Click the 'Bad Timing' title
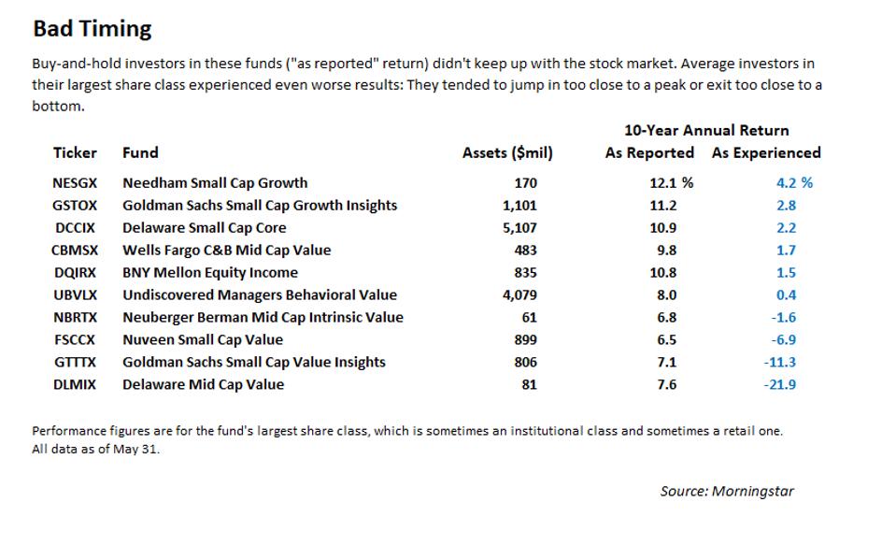[x=92, y=29]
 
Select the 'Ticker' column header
[x=75, y=152]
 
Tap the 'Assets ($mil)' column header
[x=507, y=153]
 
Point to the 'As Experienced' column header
[x=766, y=152]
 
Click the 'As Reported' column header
[x=649, y=152]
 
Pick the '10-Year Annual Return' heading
[x=706, y=130]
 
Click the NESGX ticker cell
[x=75, y=183]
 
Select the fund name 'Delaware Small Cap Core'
[x=205, y=228]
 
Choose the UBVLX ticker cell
[x=75, y=295]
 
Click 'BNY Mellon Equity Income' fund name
[x=210, y=273]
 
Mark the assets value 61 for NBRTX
[x=528, y=318]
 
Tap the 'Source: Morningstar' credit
[x=727, y=491]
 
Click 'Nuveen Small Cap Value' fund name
[x=203, y=340]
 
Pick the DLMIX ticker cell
[x=74, y=385]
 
